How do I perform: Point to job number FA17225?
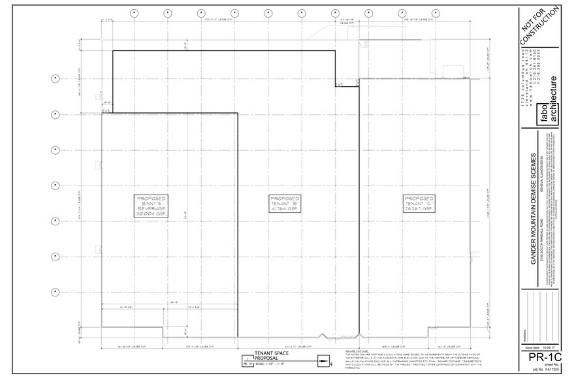coord(541,377)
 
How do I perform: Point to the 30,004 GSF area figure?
coord(151,214)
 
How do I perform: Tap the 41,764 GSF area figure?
coord(285,210)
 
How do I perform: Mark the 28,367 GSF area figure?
coord(418,210)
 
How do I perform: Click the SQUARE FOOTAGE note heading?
coord(356,351)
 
